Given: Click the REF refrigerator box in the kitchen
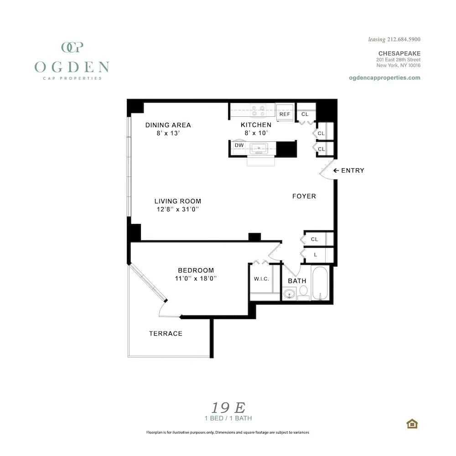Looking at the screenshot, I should pyautogui.click(x=285, y=114).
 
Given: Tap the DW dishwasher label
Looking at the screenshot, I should pyautogui.click(x=239, y=145).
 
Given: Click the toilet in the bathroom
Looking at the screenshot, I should pyautogui.click(x=304, y=292).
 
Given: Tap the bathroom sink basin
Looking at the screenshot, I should pyautogui.click(x=289, y=295).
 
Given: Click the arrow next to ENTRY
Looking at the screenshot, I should pyautogui.click(x=336, y=171).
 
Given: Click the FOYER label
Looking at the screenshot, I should pyautogui.click(x=304, y=196).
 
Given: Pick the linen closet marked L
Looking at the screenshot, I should pyautogui.click(x=316, y=254).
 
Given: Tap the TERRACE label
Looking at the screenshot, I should pyautogui.click(x=166, y=334).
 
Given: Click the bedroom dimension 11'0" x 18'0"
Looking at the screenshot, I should pyautogui.click(x=196, y=278).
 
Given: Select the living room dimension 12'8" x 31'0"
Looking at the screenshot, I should pyautogui.click(x=178, y=209).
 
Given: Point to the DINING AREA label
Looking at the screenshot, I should pyautogui.click(x=168, y=125).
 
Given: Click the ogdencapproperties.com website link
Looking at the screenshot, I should pyautogui.click(x=384, y=78).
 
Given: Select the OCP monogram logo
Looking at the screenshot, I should pyautogui.click(x=72, y=47).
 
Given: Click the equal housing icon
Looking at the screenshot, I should pyautogui.click(x=412, y=424).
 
